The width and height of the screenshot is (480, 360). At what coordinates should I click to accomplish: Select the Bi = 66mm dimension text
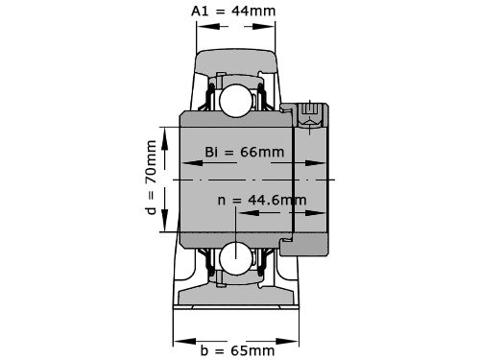[x=244, y=153]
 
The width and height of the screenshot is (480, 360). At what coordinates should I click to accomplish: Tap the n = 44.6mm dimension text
[x=262, y=200]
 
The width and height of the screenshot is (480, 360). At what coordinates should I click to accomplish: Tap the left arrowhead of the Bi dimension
[x=185, y=163]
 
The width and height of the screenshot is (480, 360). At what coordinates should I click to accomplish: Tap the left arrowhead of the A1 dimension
[x=202, y=25]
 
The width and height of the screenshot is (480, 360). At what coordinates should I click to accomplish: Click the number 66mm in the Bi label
[x=261, y=153]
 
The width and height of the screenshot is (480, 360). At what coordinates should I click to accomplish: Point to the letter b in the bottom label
[x=204, y=350]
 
